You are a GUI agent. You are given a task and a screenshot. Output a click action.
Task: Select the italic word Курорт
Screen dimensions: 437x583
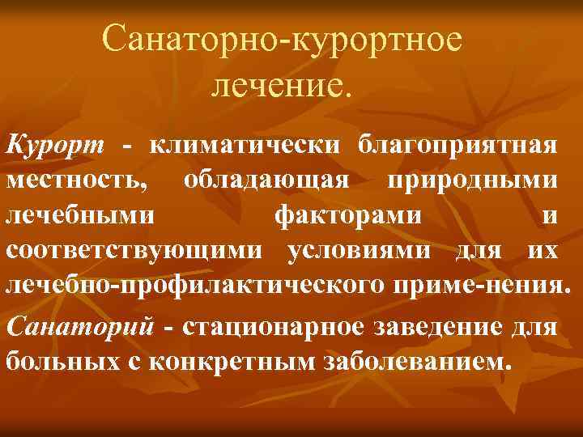click(x=56, y=146)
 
